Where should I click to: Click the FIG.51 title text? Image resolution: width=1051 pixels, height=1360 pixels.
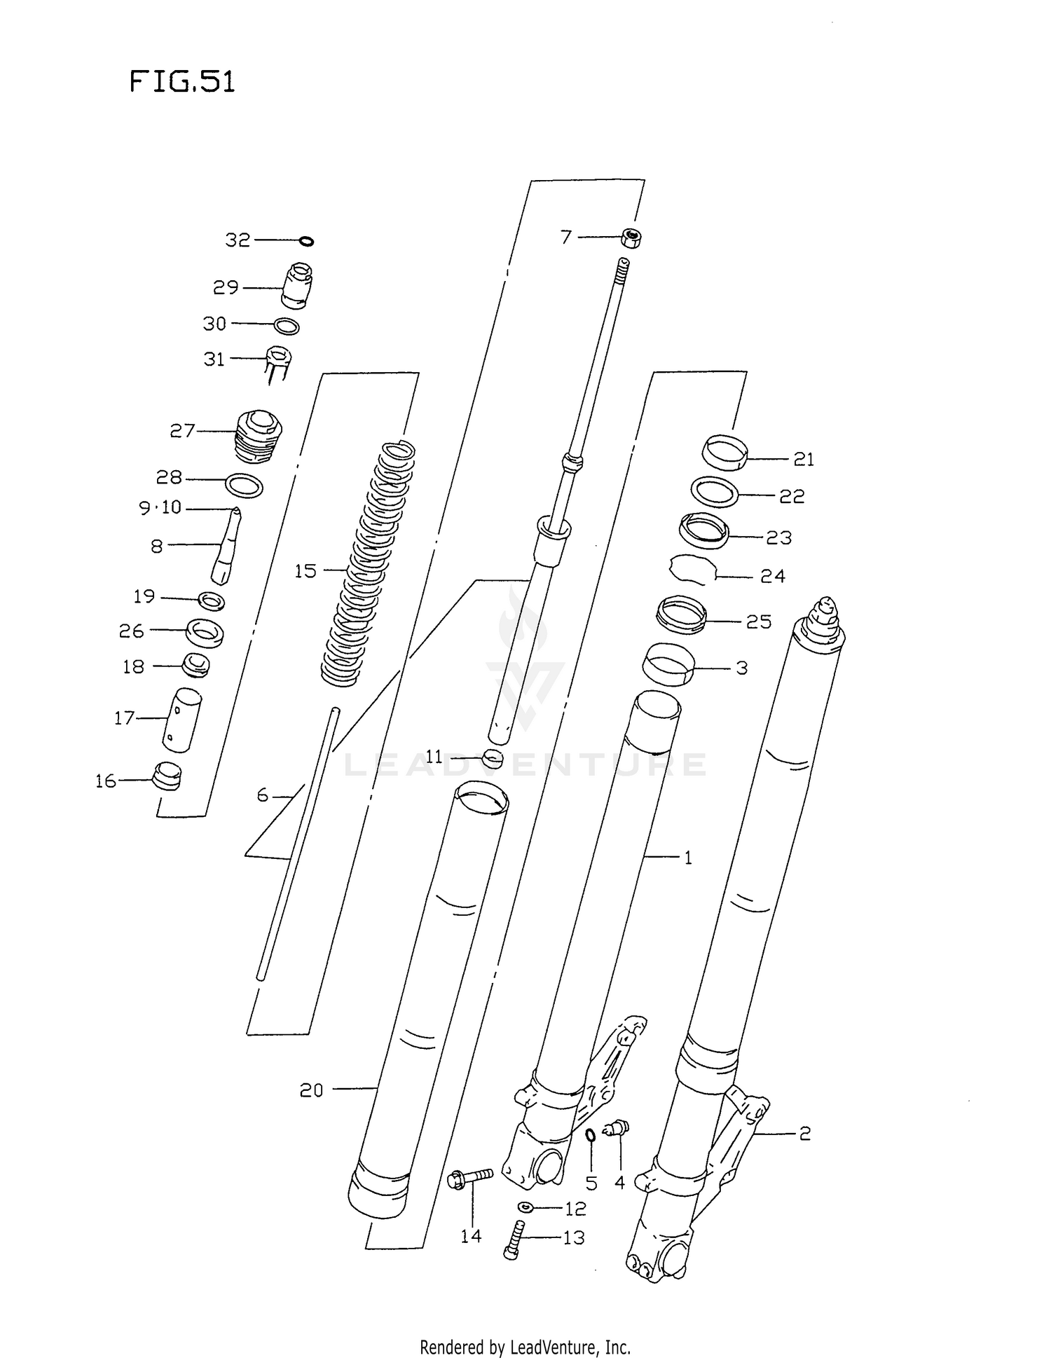coord(182,82)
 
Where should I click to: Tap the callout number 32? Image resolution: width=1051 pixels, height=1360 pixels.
coord(238,240)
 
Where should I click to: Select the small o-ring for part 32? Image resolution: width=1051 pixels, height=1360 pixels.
coord(306,242)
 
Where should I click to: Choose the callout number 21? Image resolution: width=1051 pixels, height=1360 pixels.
coord(804,460)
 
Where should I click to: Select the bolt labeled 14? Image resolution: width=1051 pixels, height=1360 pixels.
coord(469,1178)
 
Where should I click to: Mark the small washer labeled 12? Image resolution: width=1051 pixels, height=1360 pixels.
coord(525,1207)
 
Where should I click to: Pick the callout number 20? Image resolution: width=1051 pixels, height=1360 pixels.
coord(312,1090)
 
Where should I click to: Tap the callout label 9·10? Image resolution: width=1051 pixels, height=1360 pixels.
coord(160,507)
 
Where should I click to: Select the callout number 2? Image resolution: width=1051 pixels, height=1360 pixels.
coord(804,1133)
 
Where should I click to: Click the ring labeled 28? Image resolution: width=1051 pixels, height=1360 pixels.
coord(244,485)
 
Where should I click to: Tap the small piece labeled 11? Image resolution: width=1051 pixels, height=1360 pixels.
coord(493,757)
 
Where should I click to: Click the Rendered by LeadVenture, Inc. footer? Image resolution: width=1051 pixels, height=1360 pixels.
coord(525,1347)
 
